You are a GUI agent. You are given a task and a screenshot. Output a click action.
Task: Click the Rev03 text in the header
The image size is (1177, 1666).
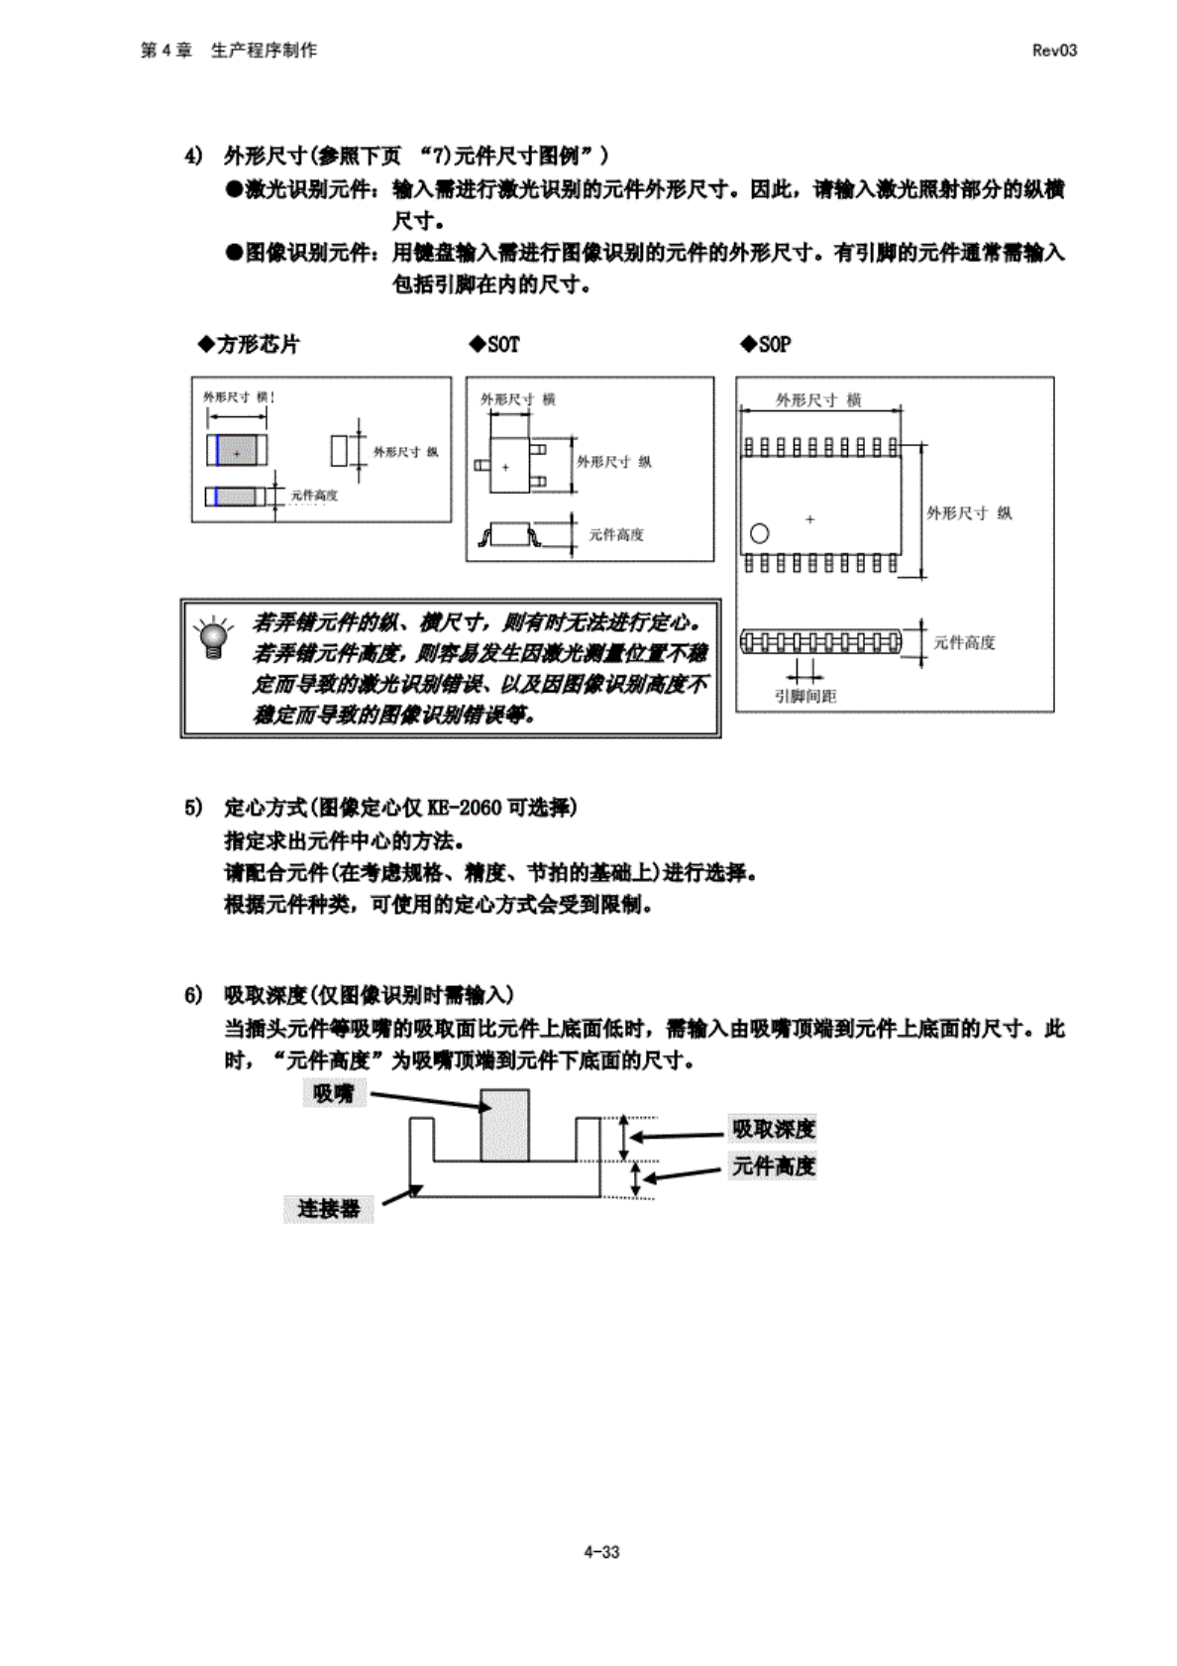point(1054,51)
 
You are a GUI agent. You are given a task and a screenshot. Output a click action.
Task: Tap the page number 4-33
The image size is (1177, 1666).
point(601,1552)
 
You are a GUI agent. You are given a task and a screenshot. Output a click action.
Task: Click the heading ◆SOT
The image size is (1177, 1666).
point(494,344)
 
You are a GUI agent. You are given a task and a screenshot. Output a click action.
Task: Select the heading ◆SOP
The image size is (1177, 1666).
point(765,344)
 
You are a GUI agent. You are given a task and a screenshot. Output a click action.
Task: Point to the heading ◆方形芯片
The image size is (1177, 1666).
point(249,344)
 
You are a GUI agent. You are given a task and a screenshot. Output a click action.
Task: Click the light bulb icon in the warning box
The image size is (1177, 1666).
point(211,637)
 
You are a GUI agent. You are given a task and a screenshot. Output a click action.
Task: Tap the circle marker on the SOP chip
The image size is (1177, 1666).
point(759,533)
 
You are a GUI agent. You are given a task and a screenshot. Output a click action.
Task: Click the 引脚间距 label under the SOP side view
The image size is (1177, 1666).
point(805,696)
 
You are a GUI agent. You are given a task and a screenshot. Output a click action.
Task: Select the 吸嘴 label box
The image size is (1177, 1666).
point(333,1094)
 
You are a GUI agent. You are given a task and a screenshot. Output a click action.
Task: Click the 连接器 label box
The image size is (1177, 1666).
point(328,1209)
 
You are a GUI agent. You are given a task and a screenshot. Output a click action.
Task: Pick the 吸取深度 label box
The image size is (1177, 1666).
point(774,1129)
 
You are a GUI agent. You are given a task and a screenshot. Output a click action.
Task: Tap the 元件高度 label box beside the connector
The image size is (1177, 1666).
point(774,1166)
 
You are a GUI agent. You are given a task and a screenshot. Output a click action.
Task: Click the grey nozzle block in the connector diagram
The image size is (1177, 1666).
point(504,1125)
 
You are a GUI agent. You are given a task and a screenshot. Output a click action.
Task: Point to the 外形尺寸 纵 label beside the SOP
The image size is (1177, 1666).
point(969,512)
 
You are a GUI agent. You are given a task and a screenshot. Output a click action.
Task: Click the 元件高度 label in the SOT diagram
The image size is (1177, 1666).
point(616,534)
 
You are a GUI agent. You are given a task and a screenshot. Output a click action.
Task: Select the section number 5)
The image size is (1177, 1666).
point(193,808)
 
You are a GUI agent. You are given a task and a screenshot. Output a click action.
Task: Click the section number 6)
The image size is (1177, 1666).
point(193,995)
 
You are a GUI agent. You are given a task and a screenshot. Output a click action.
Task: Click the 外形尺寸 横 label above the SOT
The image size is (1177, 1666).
point(517,399)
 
